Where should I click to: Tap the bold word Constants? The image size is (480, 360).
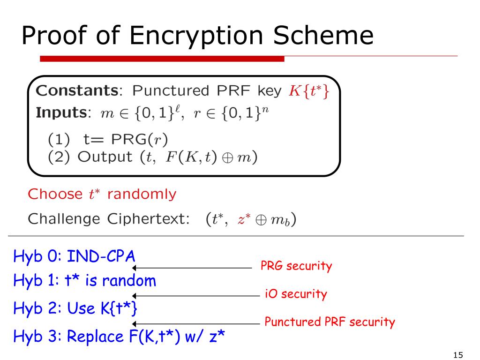pyautogui.click(x=75, y=90)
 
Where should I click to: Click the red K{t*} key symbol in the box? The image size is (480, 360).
pyautogui.click(x=309, y=90)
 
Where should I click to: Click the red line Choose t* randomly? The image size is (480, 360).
pyautogui.click(x=102, y=194)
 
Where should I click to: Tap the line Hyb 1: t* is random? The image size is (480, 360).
pyautogui.click(x=84, y=281)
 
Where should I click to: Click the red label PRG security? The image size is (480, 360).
pyautogui.click(x=296, y=266)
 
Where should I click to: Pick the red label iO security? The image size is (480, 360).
pyautogui.click(x=295, y=294)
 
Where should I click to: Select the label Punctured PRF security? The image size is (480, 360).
pyautogui.click(x=330, y=322)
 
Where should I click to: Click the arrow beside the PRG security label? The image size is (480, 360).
pyautogui.click(x=192, y=268)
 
